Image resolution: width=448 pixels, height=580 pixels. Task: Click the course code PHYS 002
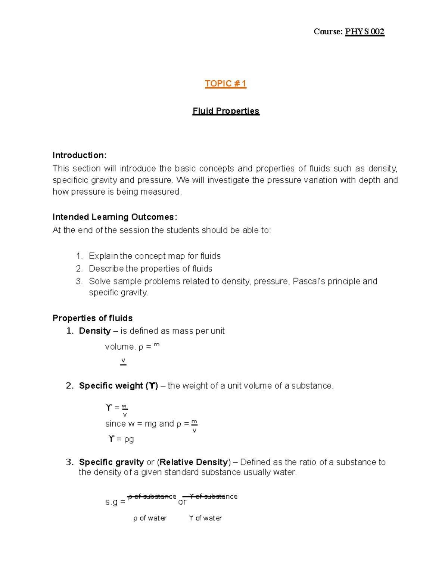(x=364, y=32)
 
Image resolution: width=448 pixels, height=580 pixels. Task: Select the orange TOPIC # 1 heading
(x=225, y=84)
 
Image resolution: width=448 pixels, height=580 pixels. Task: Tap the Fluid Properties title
(x=225, y=111)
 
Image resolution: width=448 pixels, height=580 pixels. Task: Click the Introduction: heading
(x=80, y=155)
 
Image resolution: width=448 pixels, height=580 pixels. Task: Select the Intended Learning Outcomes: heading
(x=115, y=217)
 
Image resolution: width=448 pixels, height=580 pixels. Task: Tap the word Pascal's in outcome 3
(x=308, y=281)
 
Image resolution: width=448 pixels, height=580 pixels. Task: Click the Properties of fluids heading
(x=93, y=318)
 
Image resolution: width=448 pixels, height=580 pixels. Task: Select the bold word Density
(x=95, y=331)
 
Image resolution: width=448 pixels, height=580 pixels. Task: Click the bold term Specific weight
(x=111, y=386)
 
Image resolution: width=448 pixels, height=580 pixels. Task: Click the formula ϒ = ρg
(x=121, y=439)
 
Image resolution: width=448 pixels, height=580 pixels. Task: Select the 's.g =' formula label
(x=115, y=502)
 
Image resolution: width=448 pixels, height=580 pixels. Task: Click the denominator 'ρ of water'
(x=150, y=518)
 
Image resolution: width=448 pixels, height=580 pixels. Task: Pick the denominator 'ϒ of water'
(x=205, y=518)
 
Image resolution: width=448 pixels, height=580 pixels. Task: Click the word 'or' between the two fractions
(x=182, y=502)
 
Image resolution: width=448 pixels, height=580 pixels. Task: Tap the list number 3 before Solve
(x=79, y=282)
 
